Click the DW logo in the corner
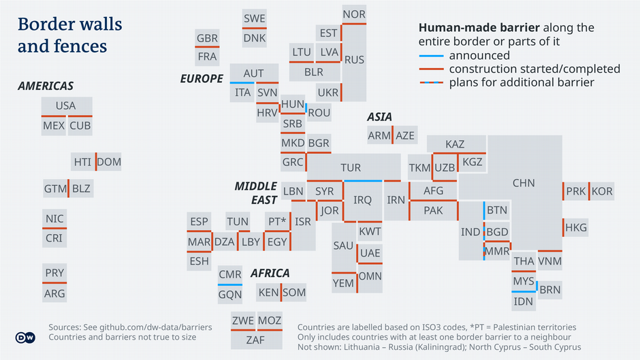pos(25,338)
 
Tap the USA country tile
pos(66,106)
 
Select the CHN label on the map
pos(524,183)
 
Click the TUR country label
pos(351,168)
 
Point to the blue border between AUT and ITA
pos(243,83)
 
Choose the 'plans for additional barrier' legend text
pos(522,82)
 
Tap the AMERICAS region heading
pos(46,86)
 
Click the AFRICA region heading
pos(270,273)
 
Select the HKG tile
pos(576,227)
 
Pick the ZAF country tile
pos(255,340)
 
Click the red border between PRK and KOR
pos(589,191)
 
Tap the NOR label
pos(354,14)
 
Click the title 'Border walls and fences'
pos(69,35)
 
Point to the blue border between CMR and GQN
pos(230,284)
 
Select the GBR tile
pos(207,39)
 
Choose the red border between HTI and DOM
pos(95,162)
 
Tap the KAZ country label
pos(455,144)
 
